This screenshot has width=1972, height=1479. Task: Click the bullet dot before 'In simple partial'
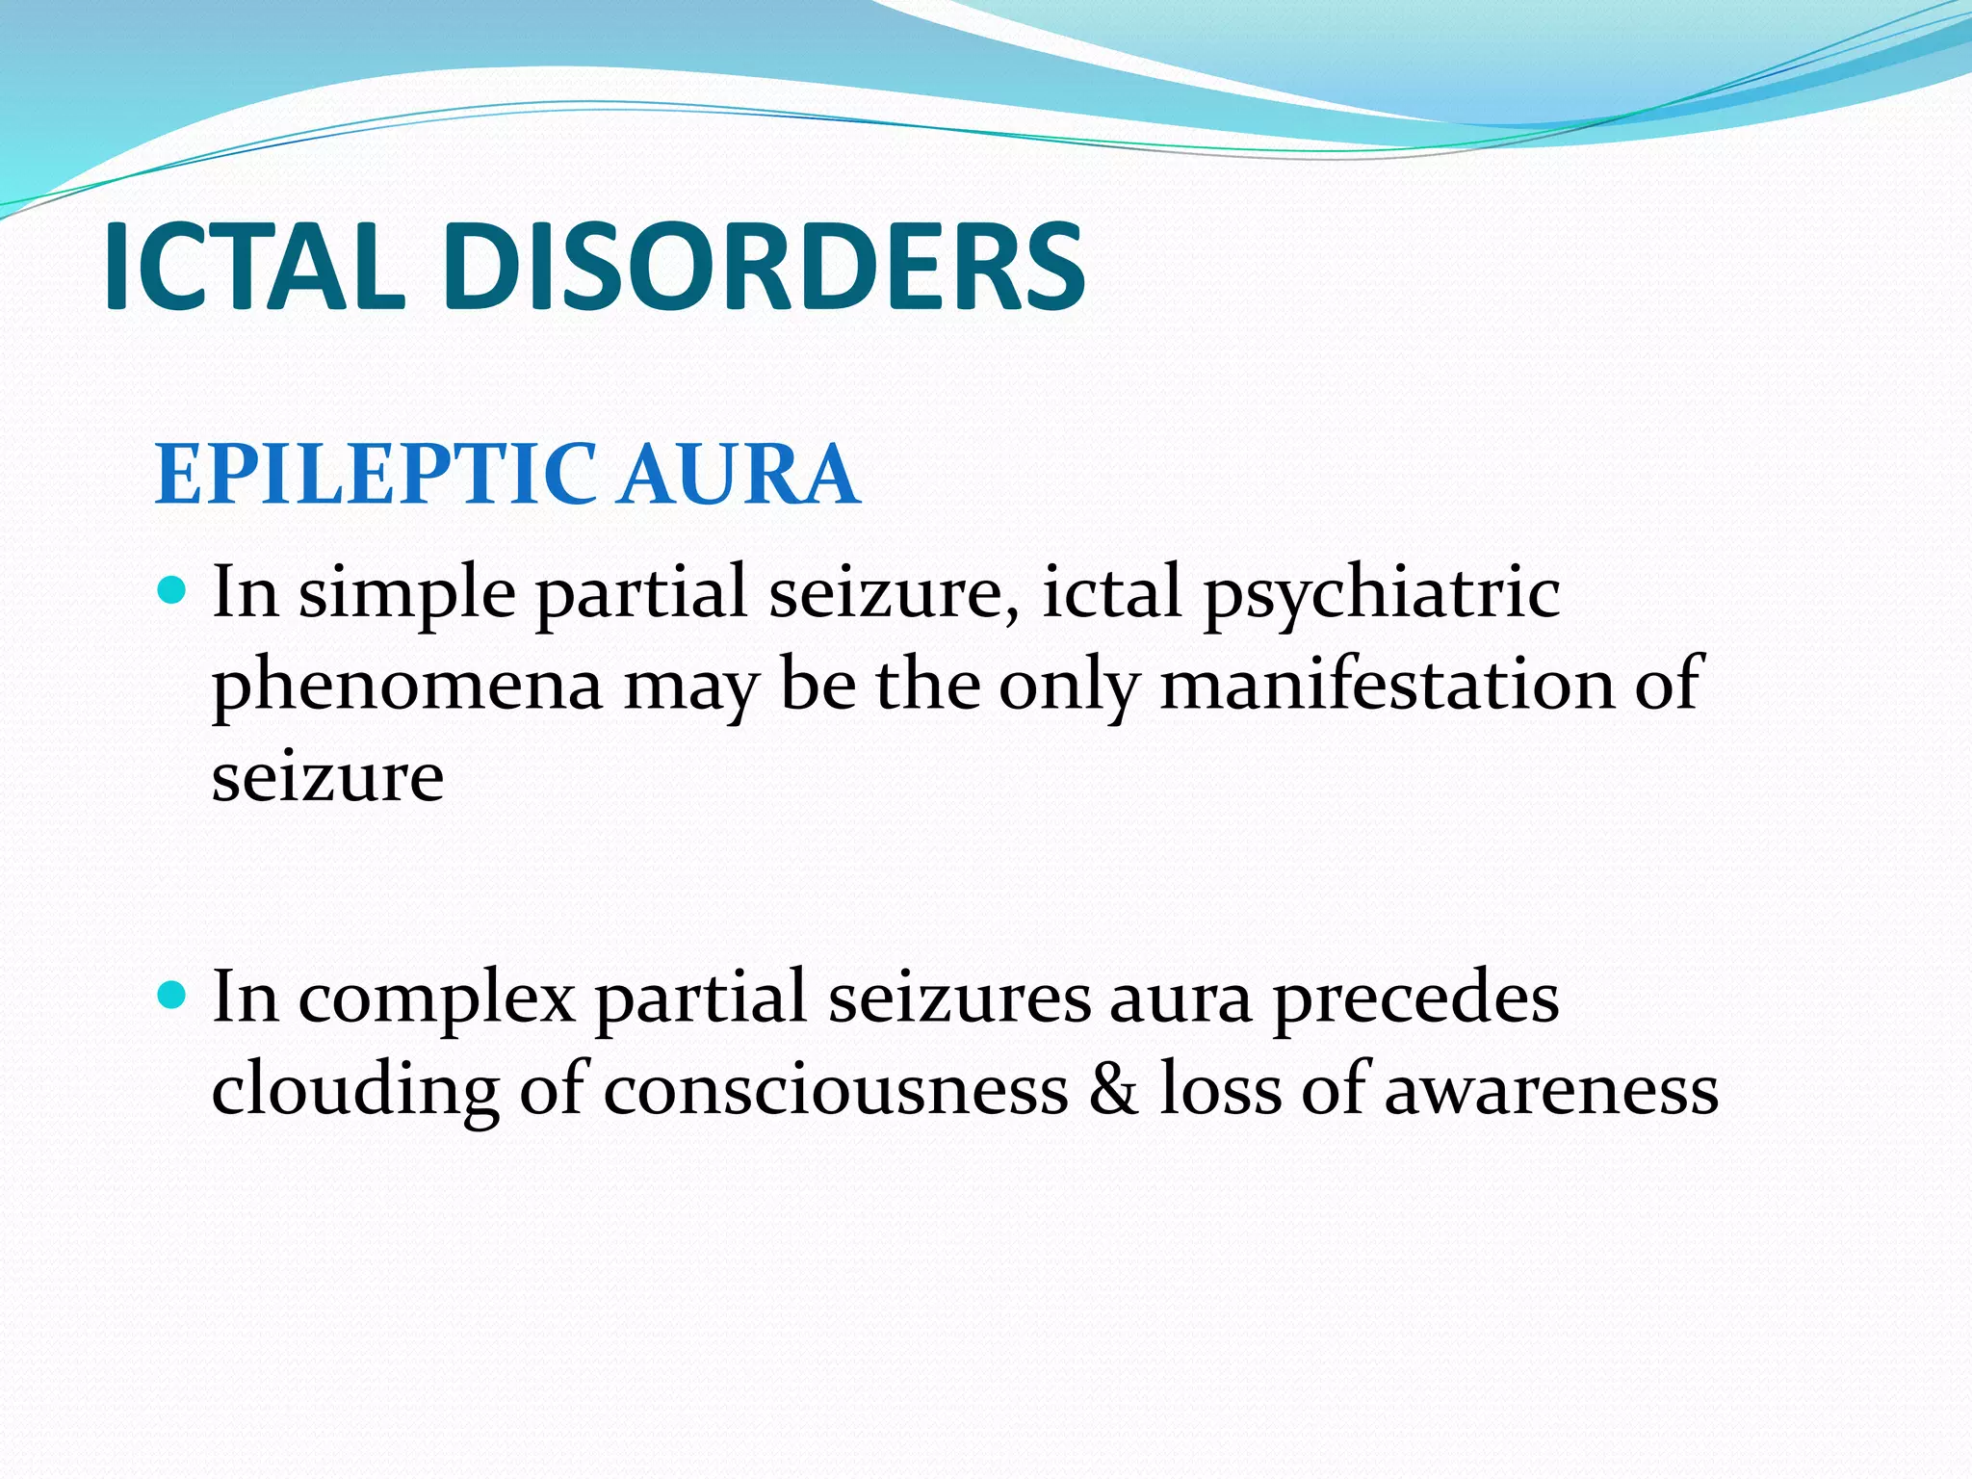tap(171, 588)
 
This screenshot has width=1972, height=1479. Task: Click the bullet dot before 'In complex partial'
tap(171, 995)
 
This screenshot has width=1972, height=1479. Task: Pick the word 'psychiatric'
tap(1382, 593)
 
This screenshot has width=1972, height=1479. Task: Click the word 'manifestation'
tap(1388, 684)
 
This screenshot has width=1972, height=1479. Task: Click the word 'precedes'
tap(1415, 999)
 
